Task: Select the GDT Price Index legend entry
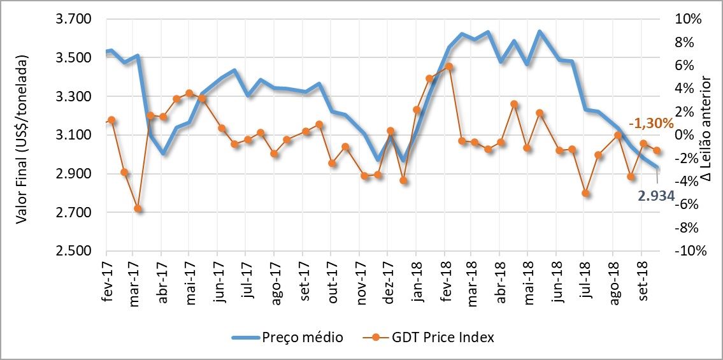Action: pyautogui.click(x=440, y=338)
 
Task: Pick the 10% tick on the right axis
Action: pyautogui.click(x=688, y=20)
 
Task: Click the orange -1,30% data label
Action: pyautogui.click(x=650, y=124)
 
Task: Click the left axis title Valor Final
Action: pyautogui.click(x=22, y=139)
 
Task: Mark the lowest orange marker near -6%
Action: pyautogui.click(x=138, y=208)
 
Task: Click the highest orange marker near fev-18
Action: pyautogui.click(x=449, y=66)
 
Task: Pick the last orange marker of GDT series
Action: pyautogui.click(x=657, y=150)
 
